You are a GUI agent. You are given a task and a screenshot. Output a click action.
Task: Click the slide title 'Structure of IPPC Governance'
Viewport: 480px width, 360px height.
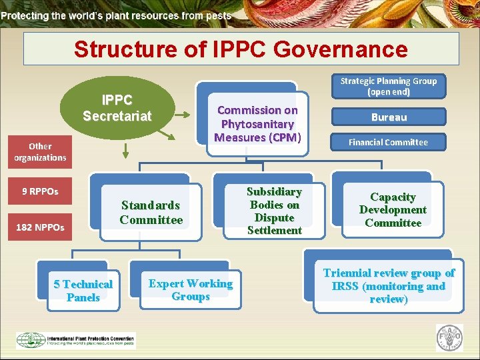[x=241, y=49]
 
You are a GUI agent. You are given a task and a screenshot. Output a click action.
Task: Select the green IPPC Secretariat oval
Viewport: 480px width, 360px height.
[x=117, y=109]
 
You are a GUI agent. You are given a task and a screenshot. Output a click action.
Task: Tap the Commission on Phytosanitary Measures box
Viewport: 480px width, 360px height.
[x=257, y=124]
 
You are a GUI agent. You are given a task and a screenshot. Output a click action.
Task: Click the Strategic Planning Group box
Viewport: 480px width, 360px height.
[x=388, y=86]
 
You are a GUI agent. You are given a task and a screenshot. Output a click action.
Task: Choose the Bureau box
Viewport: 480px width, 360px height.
[x=389, y=117]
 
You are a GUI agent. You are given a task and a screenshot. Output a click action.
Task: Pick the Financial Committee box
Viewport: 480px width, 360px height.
[x=388, y=142]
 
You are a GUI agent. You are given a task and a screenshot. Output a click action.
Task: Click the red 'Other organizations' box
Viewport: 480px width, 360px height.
[x=40, y=152]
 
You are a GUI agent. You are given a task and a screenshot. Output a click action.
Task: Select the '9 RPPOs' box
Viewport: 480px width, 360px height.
[x=40, y=191]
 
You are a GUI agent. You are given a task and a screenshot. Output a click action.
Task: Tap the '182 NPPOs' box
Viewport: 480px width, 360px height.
[x=40, y=227]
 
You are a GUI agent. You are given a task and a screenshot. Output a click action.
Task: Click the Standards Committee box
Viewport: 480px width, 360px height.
[x=151, y=212]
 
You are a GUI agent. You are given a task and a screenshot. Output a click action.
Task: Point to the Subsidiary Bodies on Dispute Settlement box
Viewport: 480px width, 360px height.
[x=274, y=211]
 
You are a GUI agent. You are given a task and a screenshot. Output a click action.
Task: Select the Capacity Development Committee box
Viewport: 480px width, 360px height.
[x=393, y=210]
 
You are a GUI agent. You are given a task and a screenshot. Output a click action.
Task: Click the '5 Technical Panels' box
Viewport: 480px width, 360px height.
[x=83, y=291]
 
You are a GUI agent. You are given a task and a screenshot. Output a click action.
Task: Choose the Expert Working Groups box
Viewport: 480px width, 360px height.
[x=191, y=290]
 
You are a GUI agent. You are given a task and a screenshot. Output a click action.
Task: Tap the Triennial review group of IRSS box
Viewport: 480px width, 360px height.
[x=389, y=286]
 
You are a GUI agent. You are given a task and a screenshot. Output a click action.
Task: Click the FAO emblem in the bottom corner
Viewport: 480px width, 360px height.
[x=449, y=338]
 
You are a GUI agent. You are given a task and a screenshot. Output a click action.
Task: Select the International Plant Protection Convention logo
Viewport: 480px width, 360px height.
[x=75, y=340]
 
